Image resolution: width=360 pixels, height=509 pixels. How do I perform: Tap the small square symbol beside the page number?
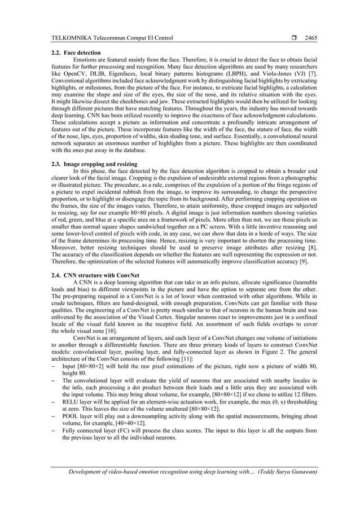coord(295,38)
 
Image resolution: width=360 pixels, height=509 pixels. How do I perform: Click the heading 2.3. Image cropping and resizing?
coord(94,164)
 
